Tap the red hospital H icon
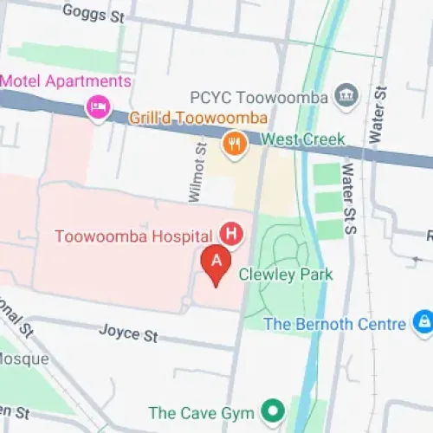(x=230, y=233)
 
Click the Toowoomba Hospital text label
(x=133, y=236)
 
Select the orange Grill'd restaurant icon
(x=232, y=141)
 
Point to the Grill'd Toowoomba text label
(x=198, y=118)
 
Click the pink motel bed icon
(x=98, y=107)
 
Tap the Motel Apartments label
(x=66, y=81)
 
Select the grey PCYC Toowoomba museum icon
(x=346, y=94)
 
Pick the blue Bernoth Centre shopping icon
(x=422, y=324)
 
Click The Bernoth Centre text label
(x=334, y=324)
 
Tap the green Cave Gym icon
(x=275, y=412)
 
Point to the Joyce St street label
(x=127, y=332)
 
